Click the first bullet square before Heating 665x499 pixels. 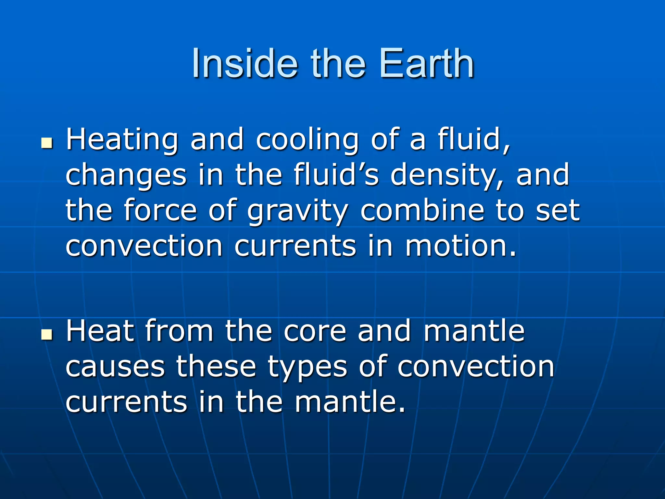coord(47,143)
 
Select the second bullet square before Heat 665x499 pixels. coord(47,335)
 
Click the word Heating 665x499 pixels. coord(122,140)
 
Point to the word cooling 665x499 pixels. coord(307,140)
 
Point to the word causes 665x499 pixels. coord(115,367)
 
